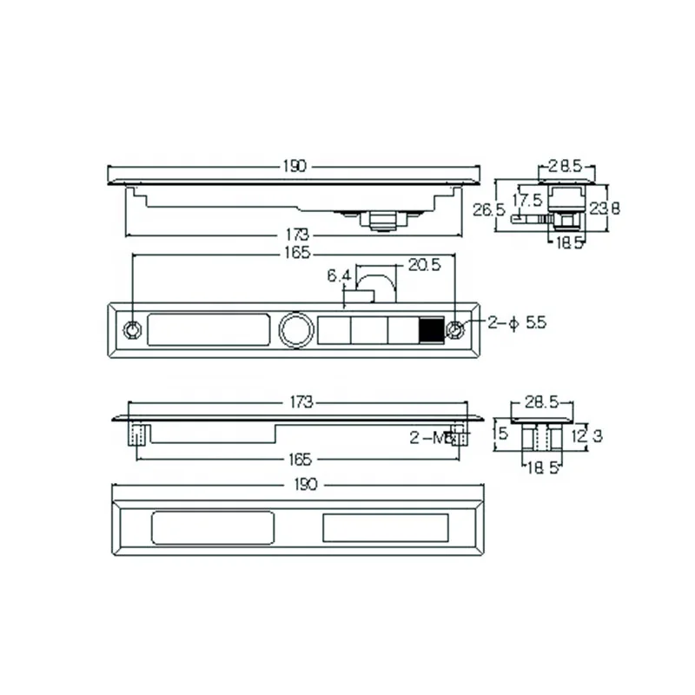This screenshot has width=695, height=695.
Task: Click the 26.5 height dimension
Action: [x=484, y=210]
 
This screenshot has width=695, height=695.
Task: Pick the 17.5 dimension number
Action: [x=527, y=200]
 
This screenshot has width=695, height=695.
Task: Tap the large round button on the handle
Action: [x=293, y=330]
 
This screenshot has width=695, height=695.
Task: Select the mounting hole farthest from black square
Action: [x=131, y=330]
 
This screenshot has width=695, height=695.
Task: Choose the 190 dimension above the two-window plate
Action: [x=295, y=483]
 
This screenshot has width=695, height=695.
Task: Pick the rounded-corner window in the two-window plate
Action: [x=213, y=527]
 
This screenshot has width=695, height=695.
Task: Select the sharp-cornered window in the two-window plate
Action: [x=385, y=527]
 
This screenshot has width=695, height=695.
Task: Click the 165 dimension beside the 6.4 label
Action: [x=295, y=254]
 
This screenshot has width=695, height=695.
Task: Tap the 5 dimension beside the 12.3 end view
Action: [x=500, y=431]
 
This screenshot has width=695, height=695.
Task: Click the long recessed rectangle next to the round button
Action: [x=208, y=330]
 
